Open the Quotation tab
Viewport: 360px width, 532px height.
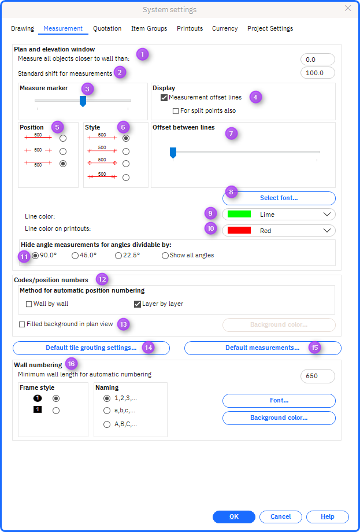[107, 28]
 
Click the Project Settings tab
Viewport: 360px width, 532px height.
[270, 28]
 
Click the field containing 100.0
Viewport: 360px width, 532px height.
[318, 73]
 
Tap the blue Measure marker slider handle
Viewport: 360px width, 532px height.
[83, 101]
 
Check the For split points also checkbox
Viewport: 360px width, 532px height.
[176, 111]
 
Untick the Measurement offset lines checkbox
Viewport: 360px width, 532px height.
[164, 98]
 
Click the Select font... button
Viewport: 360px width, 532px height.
[279, 198]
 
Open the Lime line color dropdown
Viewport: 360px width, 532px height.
[279, 215]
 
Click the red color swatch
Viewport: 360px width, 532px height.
[239, 231]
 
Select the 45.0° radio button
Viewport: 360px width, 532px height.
[75, 256]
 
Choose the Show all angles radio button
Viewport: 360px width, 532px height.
[165, 256]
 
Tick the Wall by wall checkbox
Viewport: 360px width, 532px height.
[29, 304]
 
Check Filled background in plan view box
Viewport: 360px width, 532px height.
[22, 324]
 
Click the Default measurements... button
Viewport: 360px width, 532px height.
[263, 348]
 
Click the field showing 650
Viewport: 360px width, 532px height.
[318, 376]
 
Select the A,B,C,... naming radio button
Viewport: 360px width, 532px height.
[107, 424]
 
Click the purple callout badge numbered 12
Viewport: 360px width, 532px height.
[102, 279]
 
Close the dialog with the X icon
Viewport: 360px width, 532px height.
[348, 9]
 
